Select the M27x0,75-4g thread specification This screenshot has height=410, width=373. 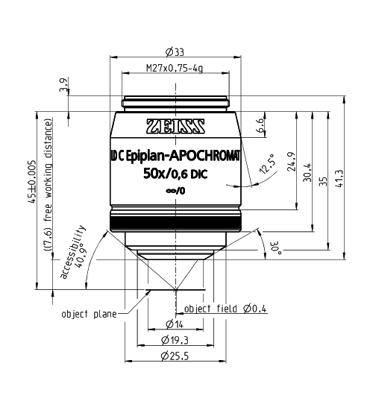[175, 69]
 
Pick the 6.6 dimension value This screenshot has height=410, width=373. [260, 124]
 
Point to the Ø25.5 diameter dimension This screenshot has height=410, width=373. [175, 356]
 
